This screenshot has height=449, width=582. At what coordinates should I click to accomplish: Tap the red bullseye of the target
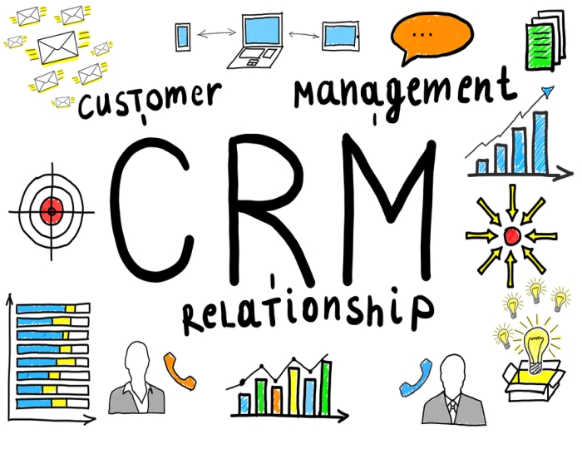tap(52, 211)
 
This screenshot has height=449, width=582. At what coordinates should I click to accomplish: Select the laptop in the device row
tap(262, 40)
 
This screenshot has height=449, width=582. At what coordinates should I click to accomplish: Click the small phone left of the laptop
tap(183, 36)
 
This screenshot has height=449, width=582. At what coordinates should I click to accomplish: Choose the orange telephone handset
tap(178, 370)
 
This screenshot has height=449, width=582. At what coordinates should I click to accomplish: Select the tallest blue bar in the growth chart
tap(540, 141)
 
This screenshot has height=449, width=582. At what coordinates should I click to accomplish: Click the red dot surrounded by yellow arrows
tap(511, 236)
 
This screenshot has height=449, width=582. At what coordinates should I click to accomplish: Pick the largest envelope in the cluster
tap(56, 47)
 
